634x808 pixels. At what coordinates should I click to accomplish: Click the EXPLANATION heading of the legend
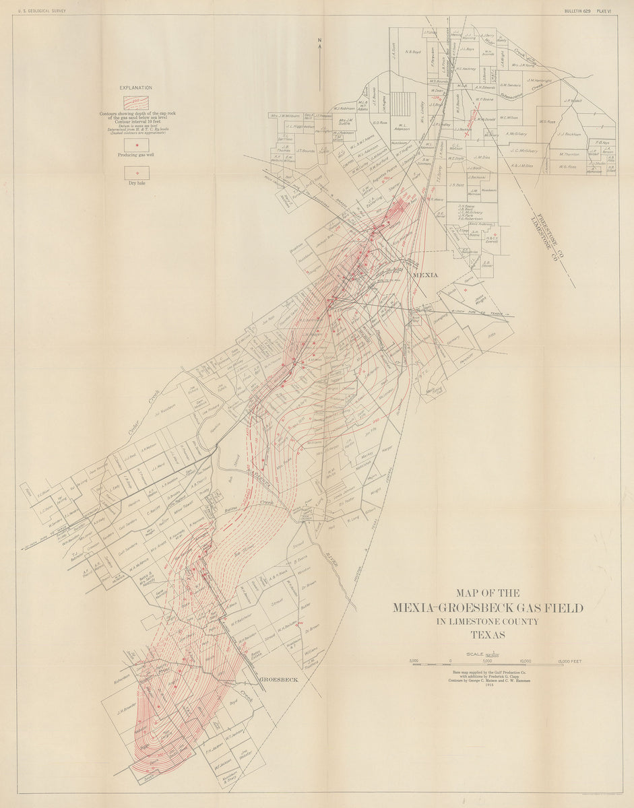coord(136,88)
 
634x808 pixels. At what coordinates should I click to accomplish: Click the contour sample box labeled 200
coord(136,102)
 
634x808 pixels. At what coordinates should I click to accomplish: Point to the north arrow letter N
coord(320,40)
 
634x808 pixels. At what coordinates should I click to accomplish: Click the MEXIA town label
coord(424,275)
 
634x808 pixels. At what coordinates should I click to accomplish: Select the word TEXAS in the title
coord(488,634)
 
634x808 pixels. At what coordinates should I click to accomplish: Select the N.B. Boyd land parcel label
coord(413,52)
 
